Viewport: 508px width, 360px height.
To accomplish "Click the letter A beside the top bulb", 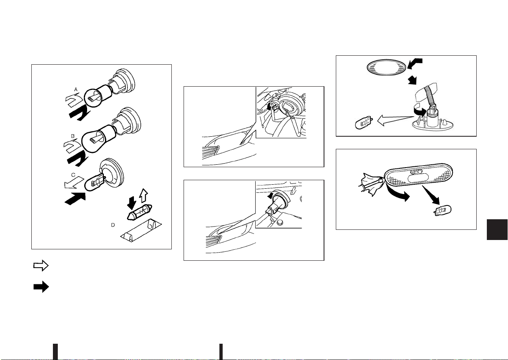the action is [76, 90].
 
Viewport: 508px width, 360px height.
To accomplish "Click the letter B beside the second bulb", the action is [72, 136].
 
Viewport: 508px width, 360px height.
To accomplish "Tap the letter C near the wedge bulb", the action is [73, 175].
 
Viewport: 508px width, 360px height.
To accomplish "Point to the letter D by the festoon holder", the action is [113, 225].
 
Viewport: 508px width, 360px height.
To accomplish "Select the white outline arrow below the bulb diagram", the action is [41, 266].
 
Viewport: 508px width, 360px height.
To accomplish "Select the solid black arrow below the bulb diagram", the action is [41, 287].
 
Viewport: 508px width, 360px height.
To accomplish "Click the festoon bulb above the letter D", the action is [139, 212].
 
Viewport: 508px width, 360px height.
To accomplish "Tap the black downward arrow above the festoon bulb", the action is [131, 202].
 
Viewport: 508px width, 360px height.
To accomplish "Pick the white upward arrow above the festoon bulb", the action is [143, 196].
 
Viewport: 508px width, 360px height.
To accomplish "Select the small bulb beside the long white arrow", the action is [364, 122].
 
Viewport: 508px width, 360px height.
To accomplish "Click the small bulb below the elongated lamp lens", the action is [442, 211].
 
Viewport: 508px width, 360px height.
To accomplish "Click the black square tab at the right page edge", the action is [497, 229].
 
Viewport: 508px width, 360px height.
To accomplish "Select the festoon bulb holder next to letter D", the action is [141, 231].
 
